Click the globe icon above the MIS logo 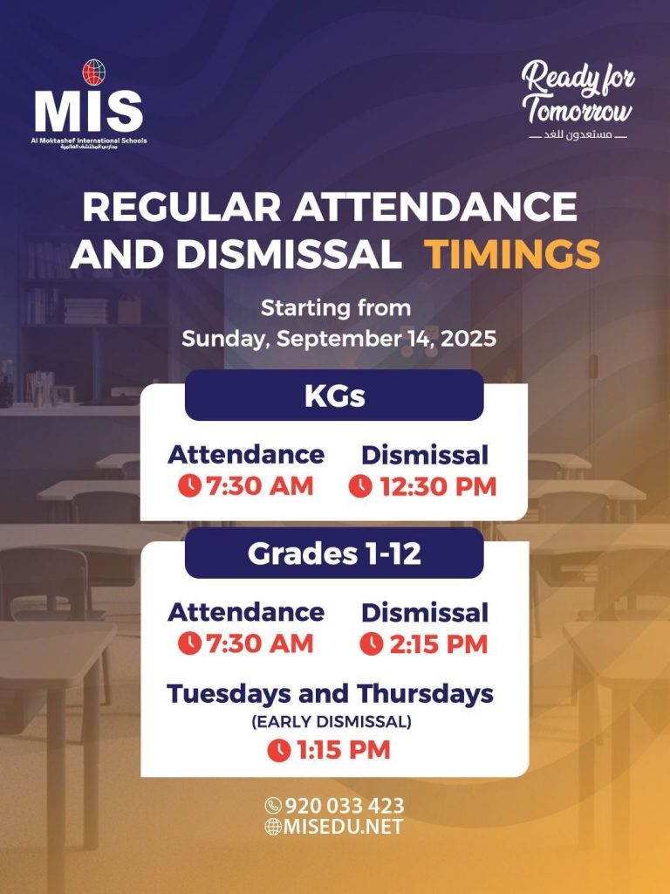[93, 72]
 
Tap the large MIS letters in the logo [88, 112]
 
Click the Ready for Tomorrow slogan [578, 93]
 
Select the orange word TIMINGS [511, 254]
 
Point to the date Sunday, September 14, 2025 [339, 339]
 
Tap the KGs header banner [334, 395]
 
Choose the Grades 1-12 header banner [334, 553]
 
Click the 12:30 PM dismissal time [438, 487]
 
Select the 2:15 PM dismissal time [439, 644]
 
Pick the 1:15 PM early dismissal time [344, 750]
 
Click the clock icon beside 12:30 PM [360, 487]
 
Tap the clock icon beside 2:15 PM [372, 644]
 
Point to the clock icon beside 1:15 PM [279, 750]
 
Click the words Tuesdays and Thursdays [331, 694]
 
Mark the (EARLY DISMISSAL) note [332, 722]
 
